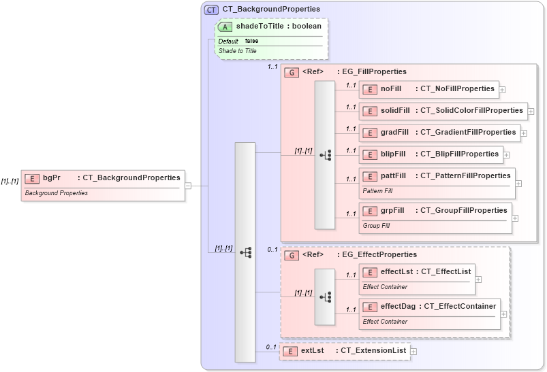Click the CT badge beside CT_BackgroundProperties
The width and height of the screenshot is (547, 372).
coord(211,10)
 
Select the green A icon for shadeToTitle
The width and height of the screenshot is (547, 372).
coord(225,27)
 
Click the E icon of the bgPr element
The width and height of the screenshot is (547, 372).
coord(31,178)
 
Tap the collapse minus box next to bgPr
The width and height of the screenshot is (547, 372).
coord(188,185)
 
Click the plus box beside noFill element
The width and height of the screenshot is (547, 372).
coord(502,89)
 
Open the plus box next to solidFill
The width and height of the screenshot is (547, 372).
coord(531,111)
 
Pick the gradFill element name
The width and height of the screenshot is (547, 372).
coord(394,132)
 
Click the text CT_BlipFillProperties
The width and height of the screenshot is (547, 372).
coord(459,154)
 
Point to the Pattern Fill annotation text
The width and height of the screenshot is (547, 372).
coord(377,191)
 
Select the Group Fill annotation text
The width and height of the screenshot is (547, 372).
coord(376,225)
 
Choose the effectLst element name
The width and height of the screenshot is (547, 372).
coord(396,271)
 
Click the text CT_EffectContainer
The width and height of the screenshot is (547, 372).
coord(460,306)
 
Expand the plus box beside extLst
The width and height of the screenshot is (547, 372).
coord(413,351)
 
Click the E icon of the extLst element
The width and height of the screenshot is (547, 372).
coord(290,351)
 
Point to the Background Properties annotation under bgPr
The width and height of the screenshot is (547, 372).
coord(56,193)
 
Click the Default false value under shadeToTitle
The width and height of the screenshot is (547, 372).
coord(251,41)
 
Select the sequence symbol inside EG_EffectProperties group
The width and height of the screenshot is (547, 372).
coord(325,297)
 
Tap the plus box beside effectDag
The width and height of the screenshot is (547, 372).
coord(503,314)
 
